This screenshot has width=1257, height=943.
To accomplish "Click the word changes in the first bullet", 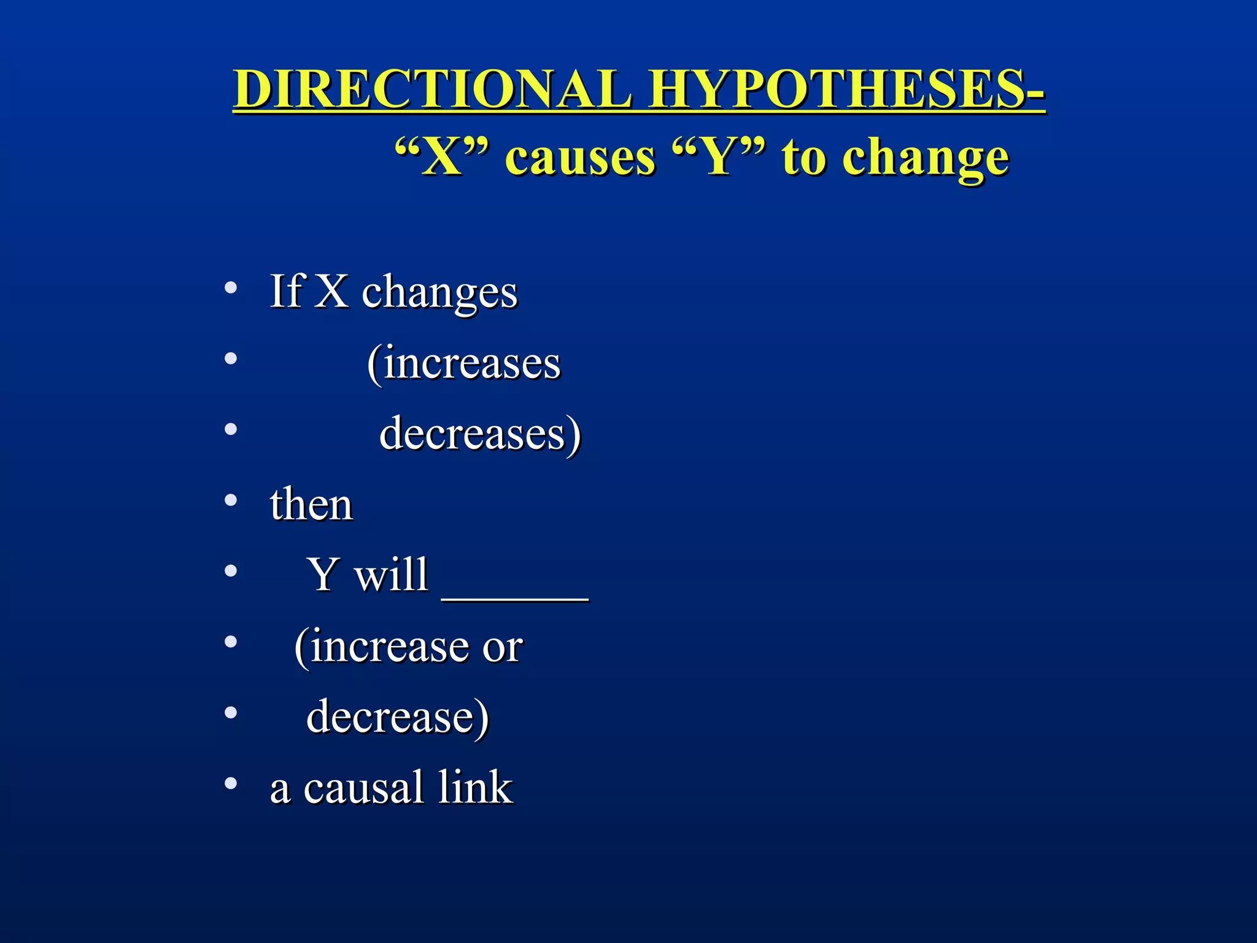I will (x=439, y=292).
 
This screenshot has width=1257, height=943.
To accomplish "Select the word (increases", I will (x=464, y=363).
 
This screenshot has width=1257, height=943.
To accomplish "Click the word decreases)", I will (x=480, y=434).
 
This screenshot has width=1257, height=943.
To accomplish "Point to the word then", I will (x=311, y=505).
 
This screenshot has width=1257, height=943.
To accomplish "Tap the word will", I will (x=391, y=575).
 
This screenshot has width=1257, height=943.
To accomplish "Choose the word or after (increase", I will (x=502, y=648).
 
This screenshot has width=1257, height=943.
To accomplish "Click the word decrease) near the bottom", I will (x=398, y=717).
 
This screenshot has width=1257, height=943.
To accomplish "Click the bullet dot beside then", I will (x=231, y=500).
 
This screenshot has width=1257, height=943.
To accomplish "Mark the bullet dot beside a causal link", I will (x=231, y=783).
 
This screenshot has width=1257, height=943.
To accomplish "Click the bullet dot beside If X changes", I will (x=231, y=287).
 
